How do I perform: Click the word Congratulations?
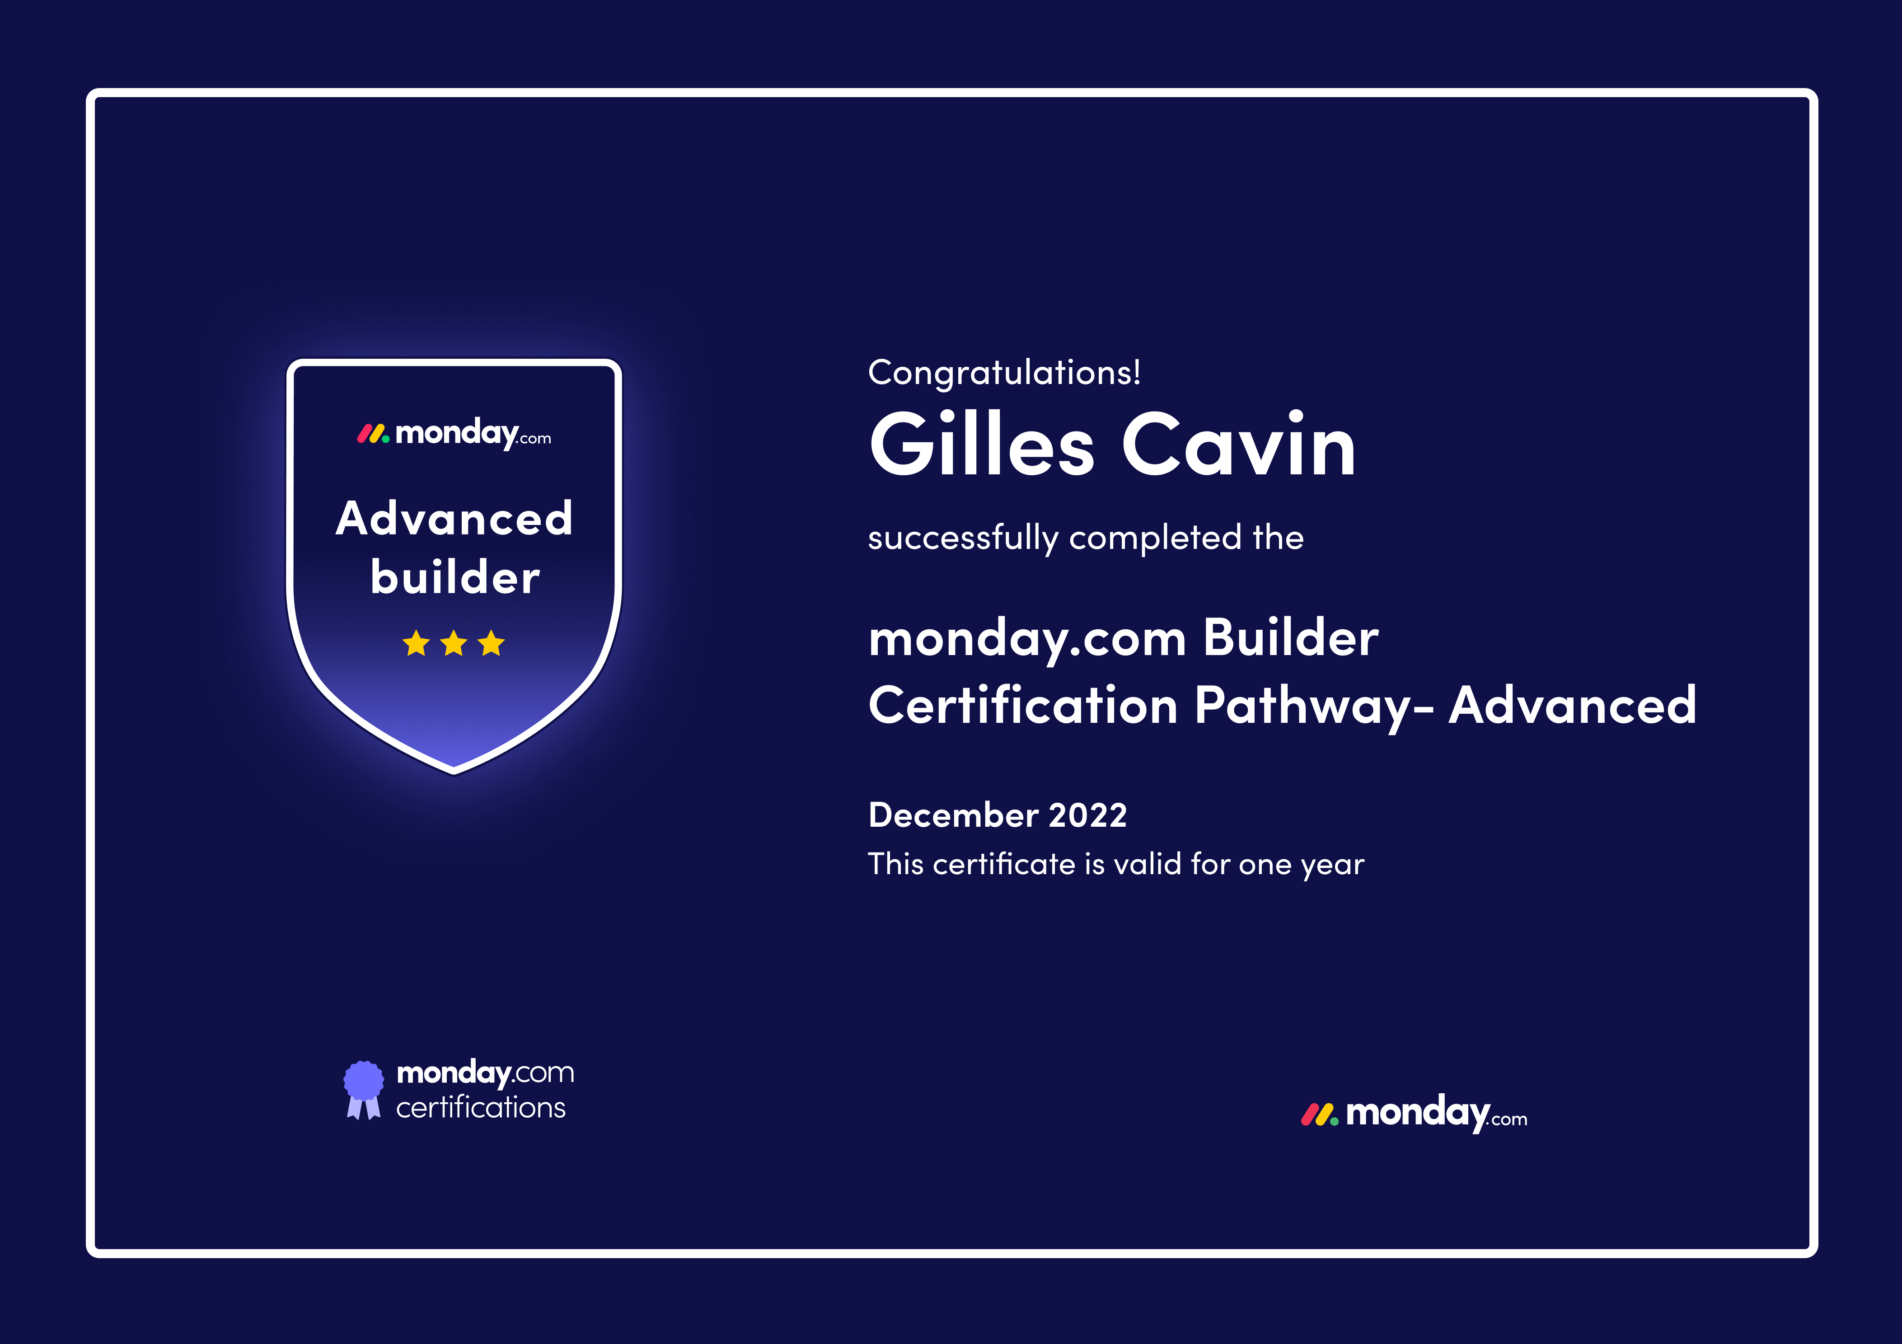[1004, 373]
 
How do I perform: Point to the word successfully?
[964, 539]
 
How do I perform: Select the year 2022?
[1088, 815]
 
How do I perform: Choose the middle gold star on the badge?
[454, 643]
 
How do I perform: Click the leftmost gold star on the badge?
[416, 643]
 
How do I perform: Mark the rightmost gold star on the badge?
[491, 643]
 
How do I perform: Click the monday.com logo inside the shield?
[454, 433]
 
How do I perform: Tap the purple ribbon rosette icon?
[364, 1090]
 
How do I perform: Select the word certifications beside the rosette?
[481, 1108]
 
